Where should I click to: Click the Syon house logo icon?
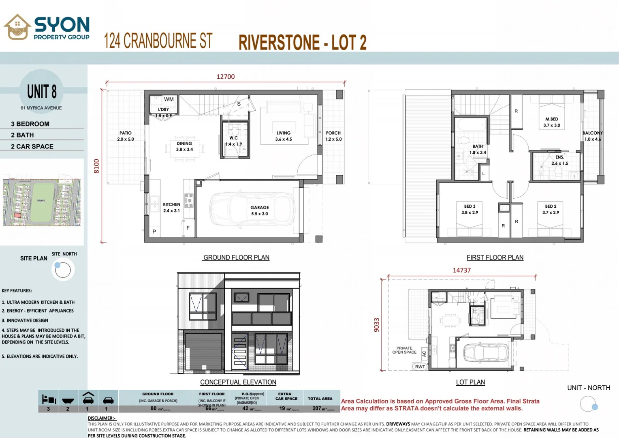(x=17, y=27)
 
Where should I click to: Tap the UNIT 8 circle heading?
(x=42, y=92)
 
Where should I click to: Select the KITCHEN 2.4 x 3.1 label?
(x=171, y=207)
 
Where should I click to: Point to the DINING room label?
(x=184, y=146)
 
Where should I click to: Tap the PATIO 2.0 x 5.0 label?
(x=125, y=136)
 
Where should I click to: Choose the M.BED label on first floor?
(x=551, y=122)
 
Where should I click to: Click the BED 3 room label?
(x=470, y=209)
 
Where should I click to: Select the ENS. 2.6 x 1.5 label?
(x=559, y=160)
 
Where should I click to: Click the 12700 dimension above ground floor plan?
(x=225, y=77)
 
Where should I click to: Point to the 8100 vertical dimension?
(x=96, y=166)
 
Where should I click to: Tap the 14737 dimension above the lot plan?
(x=461, y=270)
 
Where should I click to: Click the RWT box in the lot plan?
(x=420, y=367)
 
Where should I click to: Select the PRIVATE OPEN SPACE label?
(x=404, y=350)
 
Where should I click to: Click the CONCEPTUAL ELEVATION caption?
(x=238, y=382)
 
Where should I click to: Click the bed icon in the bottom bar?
(x=49, y=399)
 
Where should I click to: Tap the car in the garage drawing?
(x=252, y=211)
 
